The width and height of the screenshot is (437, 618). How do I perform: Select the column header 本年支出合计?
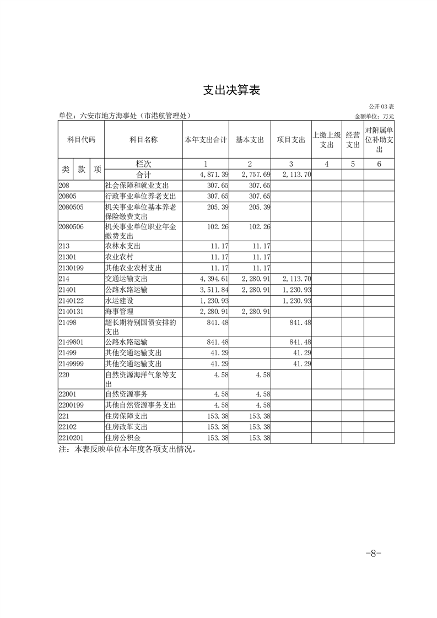(206, 140)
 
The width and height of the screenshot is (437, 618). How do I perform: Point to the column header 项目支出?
(291, 140)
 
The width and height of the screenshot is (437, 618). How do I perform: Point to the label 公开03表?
(381, 106)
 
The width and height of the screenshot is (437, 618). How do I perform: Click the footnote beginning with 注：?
(127, 449)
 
